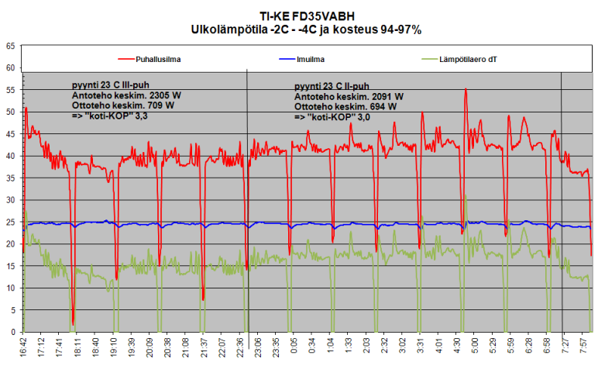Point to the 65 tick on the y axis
click(11, 46)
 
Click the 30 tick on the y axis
click(11, 200)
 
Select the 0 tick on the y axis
click(13, 333)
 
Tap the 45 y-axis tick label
click(11, 134)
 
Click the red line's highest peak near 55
click(465, 89)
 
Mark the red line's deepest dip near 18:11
click(73, 323)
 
